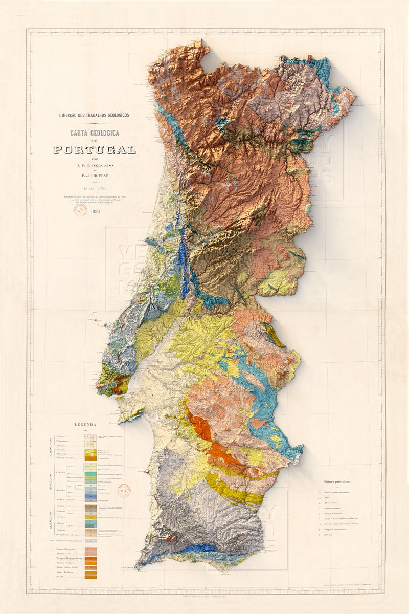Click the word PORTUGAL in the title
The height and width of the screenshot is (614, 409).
click(95, 150)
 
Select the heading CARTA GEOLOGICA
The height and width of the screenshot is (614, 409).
click(95, 133)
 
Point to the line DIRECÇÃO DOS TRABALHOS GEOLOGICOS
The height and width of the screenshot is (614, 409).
click(95, 115)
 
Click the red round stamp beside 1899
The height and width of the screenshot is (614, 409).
click(80, 211)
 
